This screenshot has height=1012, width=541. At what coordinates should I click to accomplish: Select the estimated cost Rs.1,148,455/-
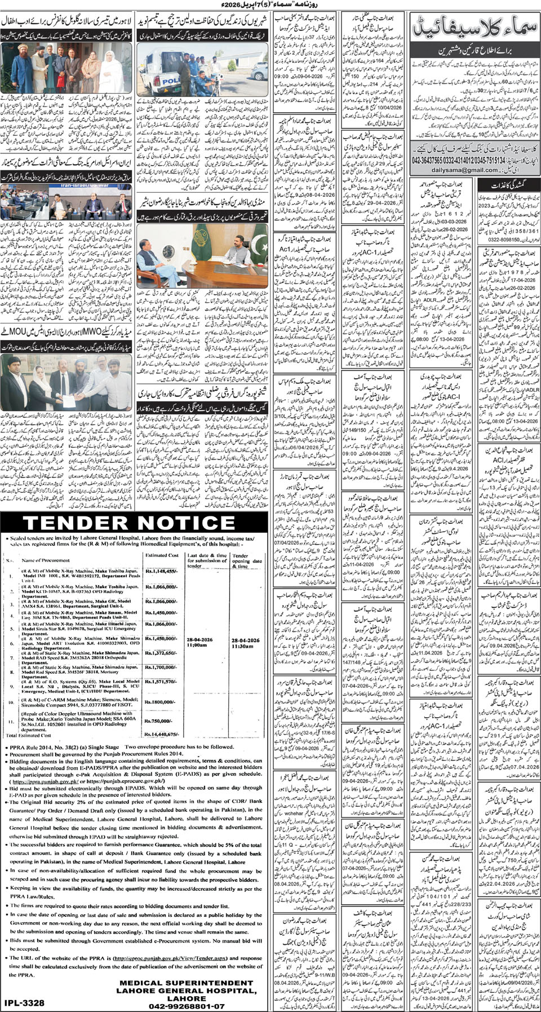coord(161,571)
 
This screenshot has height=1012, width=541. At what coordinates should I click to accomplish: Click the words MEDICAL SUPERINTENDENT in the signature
coord(187,982)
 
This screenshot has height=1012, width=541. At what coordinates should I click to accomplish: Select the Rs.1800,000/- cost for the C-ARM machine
coord(161,702)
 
